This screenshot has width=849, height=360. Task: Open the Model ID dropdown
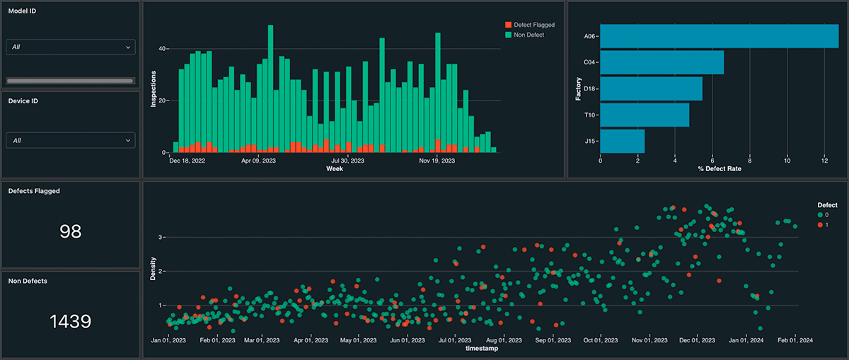click(x=70, y=47)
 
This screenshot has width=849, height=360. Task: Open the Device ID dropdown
click(x=70, y=141)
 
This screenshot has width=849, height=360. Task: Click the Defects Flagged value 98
click(x=70, y=231)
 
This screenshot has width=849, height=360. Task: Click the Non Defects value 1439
click(x=70, y=322)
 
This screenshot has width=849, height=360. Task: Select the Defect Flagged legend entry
click(x=529, y=25)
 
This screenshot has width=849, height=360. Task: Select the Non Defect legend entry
click(x=524, y=35)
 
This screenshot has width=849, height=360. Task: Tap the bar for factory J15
click(x=623, y=141)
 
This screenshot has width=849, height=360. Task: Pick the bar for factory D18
click(x=652, y=88)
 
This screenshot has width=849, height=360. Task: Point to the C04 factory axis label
click(x=589, y=62)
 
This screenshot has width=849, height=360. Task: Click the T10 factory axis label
click(x=589, y=115)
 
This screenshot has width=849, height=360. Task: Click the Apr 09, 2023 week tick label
click(x=259, y=161)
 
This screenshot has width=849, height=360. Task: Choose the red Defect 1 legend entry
click(x=826, y=224)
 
